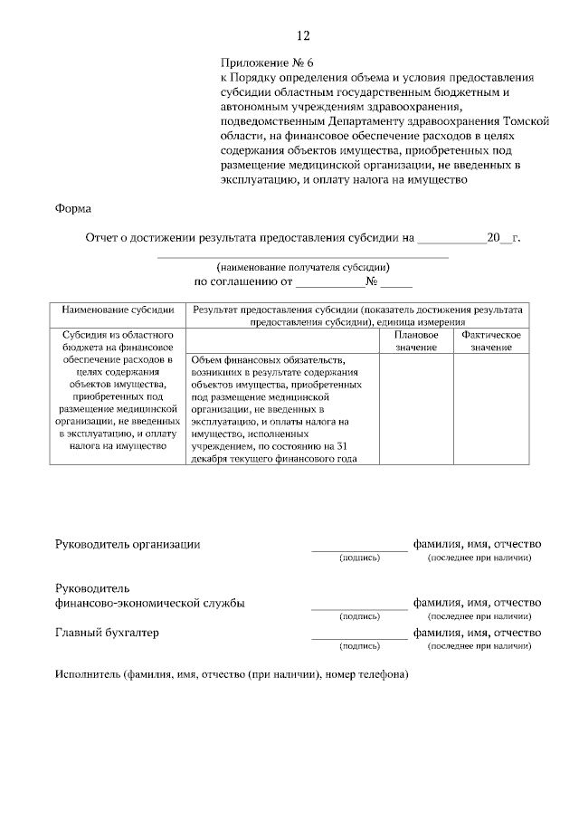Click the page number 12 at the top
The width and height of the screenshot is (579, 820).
(303, 36)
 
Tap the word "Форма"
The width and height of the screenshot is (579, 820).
(72, 208)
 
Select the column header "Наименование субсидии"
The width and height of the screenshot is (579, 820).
(118, 310)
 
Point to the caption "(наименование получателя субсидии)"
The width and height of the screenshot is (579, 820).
(303, 268)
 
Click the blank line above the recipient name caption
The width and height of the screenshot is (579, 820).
(303, 257)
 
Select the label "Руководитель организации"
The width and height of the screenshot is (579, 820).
(128, 544)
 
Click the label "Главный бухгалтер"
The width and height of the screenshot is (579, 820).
(107, 633)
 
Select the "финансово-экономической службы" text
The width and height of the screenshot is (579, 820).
(149, 603)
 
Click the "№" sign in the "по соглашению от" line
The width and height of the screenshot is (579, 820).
(371, 281)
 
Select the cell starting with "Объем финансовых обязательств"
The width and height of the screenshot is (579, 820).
(281, 409)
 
